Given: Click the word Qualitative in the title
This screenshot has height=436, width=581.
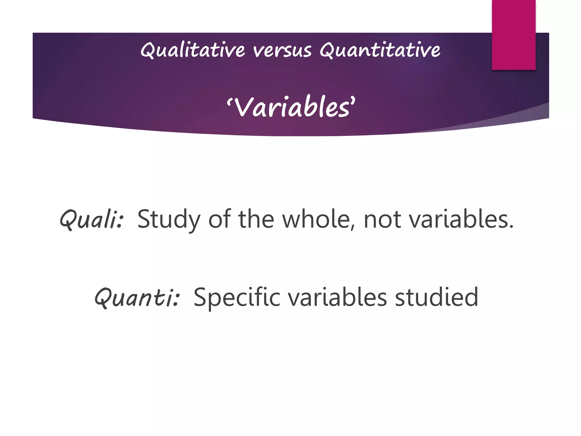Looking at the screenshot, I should [192, 51].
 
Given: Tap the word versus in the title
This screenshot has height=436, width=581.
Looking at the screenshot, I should [282, 51].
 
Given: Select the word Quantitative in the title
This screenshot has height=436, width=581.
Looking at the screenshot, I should [380, 51].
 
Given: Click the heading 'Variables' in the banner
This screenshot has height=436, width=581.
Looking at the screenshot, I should [291, 108].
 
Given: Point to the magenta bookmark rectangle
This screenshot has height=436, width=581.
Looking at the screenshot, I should [513, 35].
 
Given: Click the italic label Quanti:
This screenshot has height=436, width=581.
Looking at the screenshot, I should [137, 297].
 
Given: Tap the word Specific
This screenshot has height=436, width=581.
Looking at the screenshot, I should [237, 297].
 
